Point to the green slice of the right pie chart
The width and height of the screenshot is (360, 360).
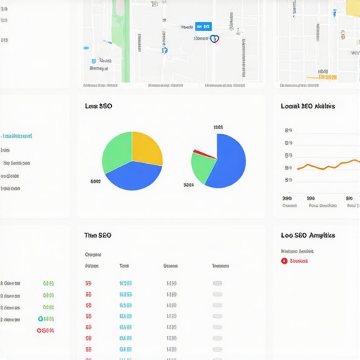click(202, 168)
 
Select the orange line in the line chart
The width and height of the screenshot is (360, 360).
click(327, 166)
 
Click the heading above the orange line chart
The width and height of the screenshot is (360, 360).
click(307, 106)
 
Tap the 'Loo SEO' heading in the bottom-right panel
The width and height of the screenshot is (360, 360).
click(307, 236)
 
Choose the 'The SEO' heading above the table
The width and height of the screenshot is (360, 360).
click(98, 236)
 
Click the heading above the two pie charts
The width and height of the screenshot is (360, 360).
click(98, 106)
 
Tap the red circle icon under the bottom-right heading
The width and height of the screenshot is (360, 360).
click(284, 261)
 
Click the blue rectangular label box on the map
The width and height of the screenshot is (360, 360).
click(203, 26)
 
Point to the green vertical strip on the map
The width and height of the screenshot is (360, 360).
click(125, 42)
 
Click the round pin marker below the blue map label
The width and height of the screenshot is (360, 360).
click(214, 39)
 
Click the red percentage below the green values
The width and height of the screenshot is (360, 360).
click(46, 329)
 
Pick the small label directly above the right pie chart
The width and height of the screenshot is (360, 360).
click(218, 127)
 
